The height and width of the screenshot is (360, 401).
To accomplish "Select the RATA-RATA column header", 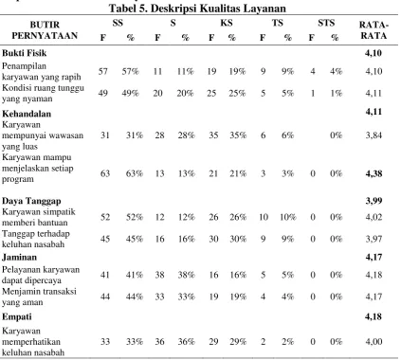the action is point(374,30).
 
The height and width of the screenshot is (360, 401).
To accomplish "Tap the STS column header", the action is point(326,23).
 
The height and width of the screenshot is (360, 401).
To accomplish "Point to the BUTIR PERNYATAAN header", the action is point(45,30).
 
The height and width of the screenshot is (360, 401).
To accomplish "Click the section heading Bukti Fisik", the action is point(25,53).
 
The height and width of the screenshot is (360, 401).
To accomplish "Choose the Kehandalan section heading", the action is point(27,114).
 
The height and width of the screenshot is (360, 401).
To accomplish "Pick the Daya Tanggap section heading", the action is point(31,201).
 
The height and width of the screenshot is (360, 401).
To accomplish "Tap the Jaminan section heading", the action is point(19,257).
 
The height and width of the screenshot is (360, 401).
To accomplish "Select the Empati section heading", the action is point(17,316).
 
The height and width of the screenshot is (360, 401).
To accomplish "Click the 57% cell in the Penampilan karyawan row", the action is point(130,71).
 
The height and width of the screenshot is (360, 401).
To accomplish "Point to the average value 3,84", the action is point(374,135).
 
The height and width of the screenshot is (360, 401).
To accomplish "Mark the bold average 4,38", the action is point(374,173).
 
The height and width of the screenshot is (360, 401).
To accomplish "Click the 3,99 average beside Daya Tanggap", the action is point(374,201).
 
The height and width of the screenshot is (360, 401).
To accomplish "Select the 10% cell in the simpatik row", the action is point(288,217).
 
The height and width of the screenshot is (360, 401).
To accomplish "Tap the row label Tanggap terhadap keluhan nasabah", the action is point(36,239).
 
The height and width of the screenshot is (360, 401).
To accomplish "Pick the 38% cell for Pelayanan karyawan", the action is point(186,275).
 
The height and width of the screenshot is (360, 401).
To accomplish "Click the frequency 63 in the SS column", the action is point(105,173).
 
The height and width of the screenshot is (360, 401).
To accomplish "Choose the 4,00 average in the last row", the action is point(374,342).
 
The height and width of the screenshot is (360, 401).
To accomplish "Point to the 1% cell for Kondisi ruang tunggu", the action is point(337,94).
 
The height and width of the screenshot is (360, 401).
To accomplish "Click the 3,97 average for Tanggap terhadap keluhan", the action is point(374,239).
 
